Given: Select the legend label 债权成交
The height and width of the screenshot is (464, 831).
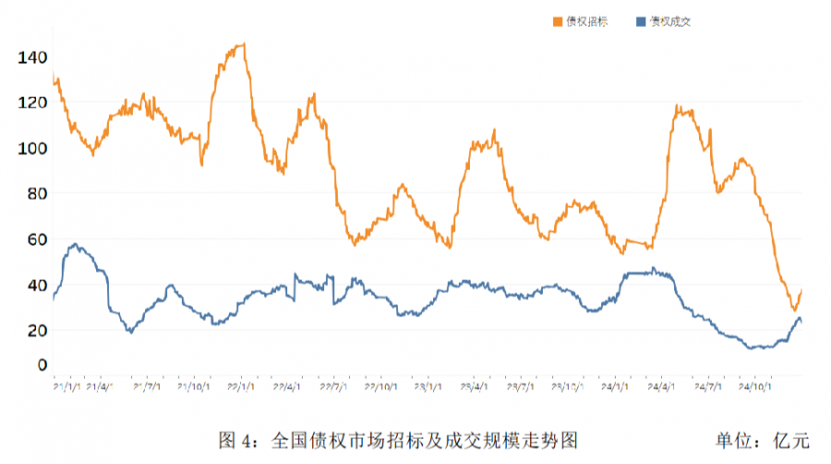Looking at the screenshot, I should coord(670,21).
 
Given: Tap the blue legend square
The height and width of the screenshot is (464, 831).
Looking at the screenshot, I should coord(642,21).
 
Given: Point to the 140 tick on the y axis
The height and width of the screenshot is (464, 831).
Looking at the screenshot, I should coord(31,57).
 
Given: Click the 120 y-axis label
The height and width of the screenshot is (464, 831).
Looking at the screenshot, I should coord(31,103).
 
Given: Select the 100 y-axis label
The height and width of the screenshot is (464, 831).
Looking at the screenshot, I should coord(31,148).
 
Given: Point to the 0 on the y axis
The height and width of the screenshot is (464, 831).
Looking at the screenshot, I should coord(40,365).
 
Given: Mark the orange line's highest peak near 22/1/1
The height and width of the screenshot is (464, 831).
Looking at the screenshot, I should coord(242,43).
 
